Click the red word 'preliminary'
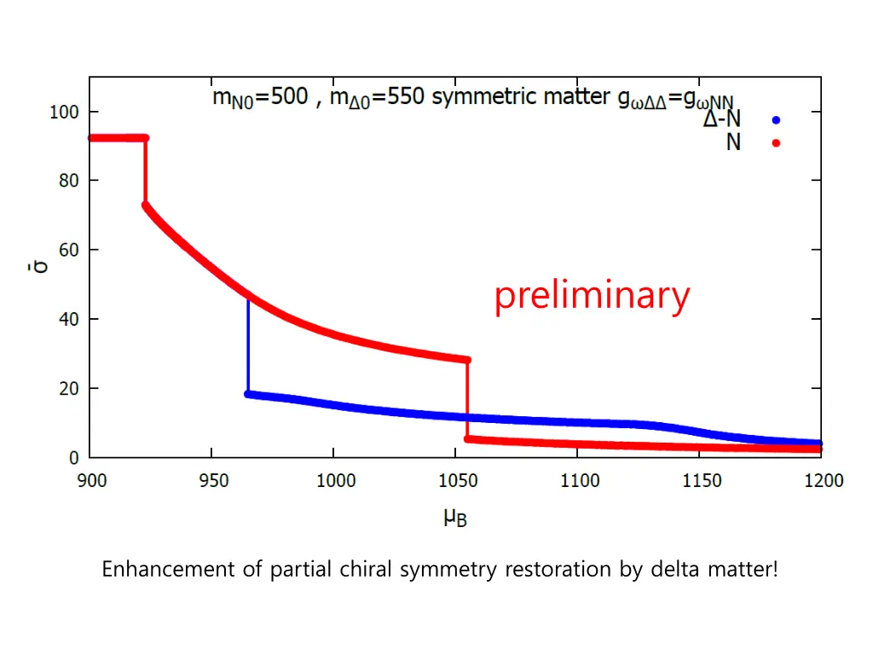point(592,296)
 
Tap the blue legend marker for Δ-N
point(776,120)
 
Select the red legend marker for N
point(776,142)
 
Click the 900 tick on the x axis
point(92,481)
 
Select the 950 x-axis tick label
point(213,481)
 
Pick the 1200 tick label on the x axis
point(822,481)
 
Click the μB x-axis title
point(455,517)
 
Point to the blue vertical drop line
point(248,345)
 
